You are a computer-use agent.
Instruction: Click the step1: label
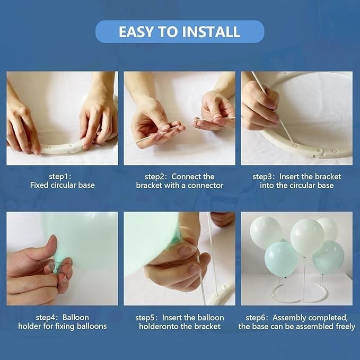click(60, 177)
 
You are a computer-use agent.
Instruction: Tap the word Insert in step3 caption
click(289, 177)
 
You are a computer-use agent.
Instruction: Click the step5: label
click(147, 318)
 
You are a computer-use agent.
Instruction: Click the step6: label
click(258, 318)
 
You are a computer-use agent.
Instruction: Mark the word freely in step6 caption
click(345, 326)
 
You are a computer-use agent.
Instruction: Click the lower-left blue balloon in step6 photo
click(281, 259)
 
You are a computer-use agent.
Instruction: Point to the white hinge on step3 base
click(318, 152)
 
